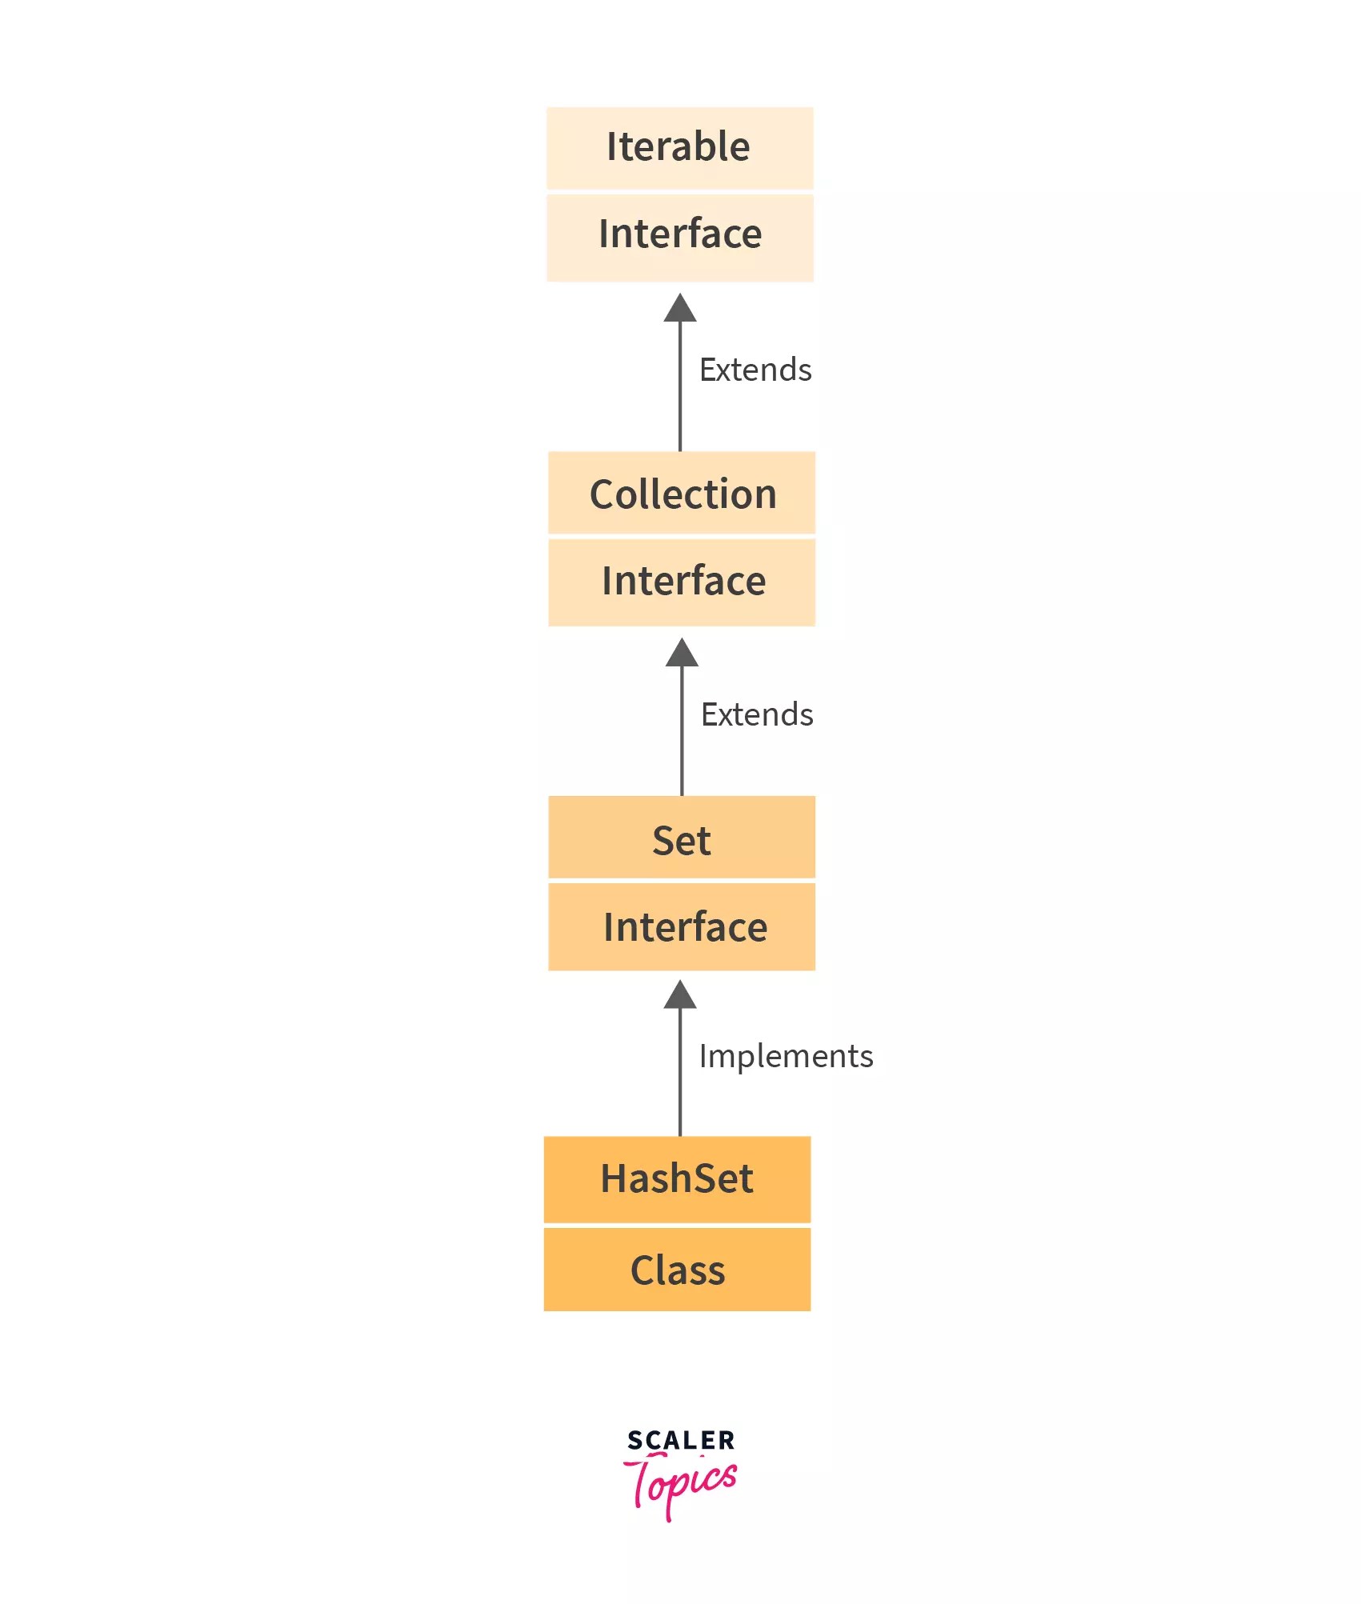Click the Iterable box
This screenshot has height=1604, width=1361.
tap(679, 147)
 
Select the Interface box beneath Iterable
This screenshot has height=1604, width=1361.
tap(679, 237)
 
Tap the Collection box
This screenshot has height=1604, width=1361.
tap(682, 492)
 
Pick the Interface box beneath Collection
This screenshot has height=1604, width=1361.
tap(682, 582)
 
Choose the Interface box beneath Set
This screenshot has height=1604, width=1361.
tap(682, 926)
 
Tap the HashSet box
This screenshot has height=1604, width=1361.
tap(677, 1178)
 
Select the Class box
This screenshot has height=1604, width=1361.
tap(677, 1270)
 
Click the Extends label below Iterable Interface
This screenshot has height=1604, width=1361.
tap(755, 370)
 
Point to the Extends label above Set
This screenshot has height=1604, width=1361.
tap(757, 714)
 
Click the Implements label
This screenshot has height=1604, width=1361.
tap(786, 1056)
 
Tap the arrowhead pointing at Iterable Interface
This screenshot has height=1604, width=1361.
tap(680, 309)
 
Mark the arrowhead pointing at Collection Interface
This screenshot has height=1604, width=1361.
tap(682, 654)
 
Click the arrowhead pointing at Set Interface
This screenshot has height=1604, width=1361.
tap(680, 995)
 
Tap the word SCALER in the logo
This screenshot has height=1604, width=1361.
tap(681, 1440)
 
